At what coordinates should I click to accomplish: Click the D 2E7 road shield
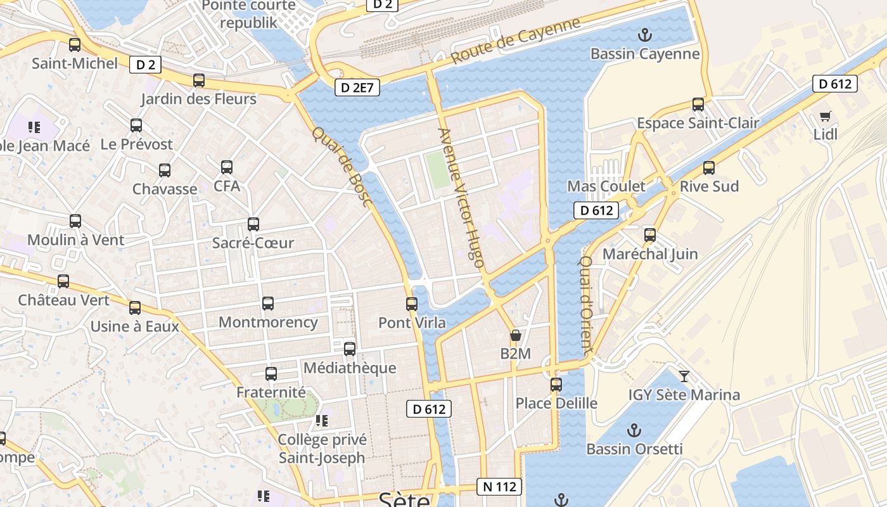[357, 87]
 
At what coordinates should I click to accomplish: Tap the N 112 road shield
[499, 487]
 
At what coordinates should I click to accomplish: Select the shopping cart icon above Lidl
[825, 116]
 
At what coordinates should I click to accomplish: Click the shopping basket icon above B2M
[516, 335]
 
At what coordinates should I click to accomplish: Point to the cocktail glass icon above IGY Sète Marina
[684, 376]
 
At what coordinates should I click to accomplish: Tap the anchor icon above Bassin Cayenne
[644, 34]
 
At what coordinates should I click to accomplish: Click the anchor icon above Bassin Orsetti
[634, 430]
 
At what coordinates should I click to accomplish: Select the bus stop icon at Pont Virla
[412, 304]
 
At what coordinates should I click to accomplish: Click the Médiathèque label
[350, 368]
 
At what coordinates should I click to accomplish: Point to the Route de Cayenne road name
[516, 41]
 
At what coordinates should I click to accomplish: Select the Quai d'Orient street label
[586, 305]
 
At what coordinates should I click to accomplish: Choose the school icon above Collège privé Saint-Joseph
[322, 420]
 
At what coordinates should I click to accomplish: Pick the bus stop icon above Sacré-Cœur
[253, 224]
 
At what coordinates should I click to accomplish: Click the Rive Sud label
[709, 186]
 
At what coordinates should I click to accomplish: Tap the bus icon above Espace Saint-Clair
[698, 104]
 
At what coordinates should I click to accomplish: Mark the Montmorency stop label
[268, 322]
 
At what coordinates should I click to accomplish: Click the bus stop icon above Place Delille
[556, 384]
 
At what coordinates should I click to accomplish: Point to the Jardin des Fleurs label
[198, 99]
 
